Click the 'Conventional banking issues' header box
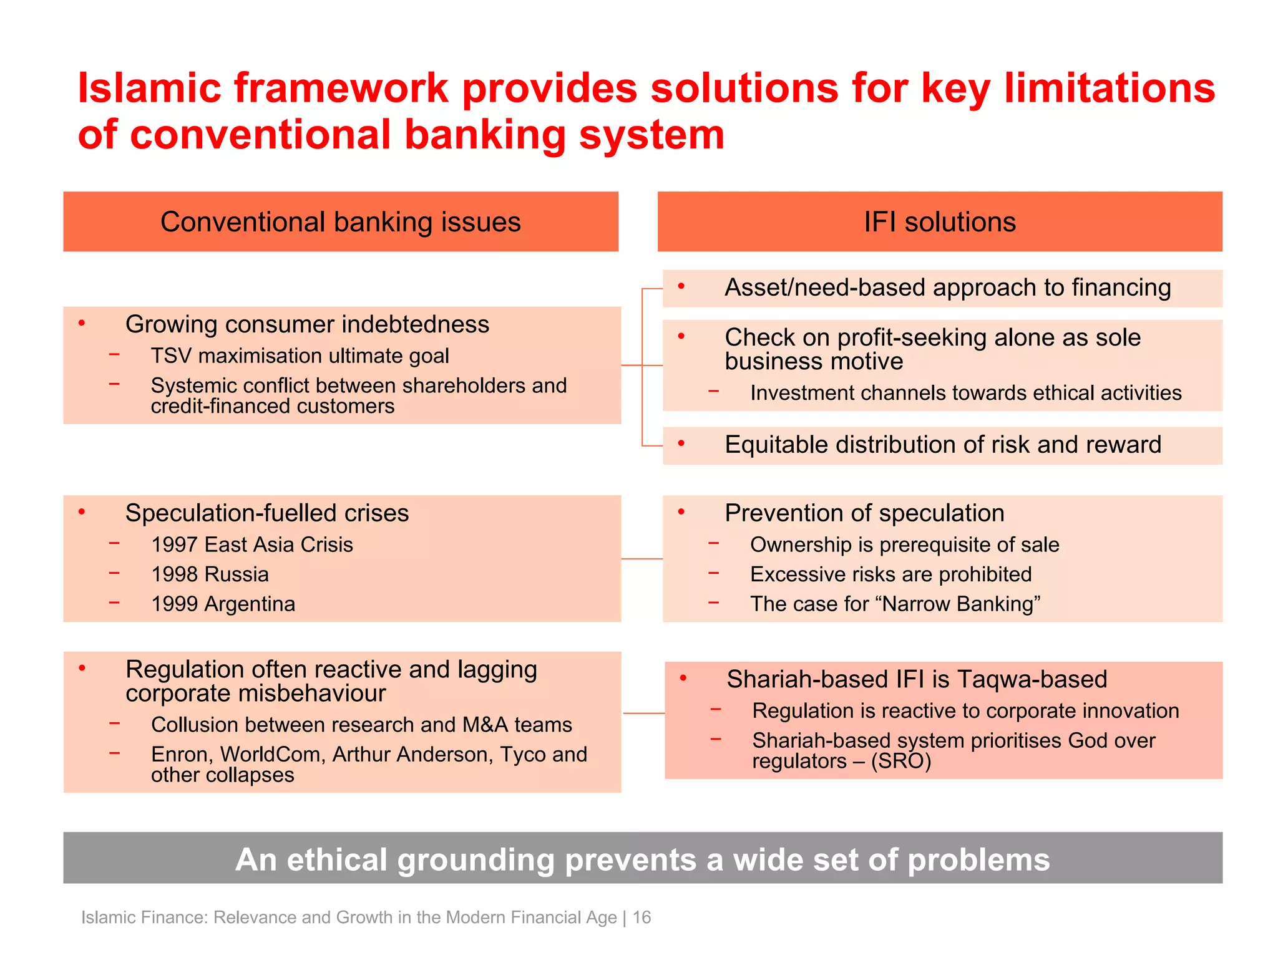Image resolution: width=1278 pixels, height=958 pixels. [341, 222]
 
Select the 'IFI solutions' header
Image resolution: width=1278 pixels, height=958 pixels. [940, 222]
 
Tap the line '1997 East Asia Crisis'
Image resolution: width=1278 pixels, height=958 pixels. [252, 544]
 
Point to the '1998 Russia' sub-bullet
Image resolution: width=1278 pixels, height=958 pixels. [210, 574]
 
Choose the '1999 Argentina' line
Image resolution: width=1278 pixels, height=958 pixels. [223, 604]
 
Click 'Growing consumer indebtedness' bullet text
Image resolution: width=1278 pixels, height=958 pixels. [307, 324]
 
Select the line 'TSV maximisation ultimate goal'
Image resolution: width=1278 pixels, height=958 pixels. [300, 356]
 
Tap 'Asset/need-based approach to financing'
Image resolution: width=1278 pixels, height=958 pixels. [947, 288]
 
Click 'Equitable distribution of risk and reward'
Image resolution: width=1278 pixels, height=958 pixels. [943, 445]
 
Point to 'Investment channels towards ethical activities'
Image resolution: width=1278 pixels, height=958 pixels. [966, 393]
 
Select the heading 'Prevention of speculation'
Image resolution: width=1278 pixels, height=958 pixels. [864, 513]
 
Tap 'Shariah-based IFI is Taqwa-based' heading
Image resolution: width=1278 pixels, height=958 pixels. [917, 679]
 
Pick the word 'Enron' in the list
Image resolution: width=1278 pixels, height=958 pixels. [182, 755]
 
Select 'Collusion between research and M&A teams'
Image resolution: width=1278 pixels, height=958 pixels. [361, 725]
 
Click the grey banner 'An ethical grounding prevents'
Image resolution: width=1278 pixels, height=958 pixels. [643, 859]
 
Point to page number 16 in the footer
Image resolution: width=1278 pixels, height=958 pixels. [641, 917]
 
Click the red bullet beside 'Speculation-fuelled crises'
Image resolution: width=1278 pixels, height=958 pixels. [82, 512]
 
